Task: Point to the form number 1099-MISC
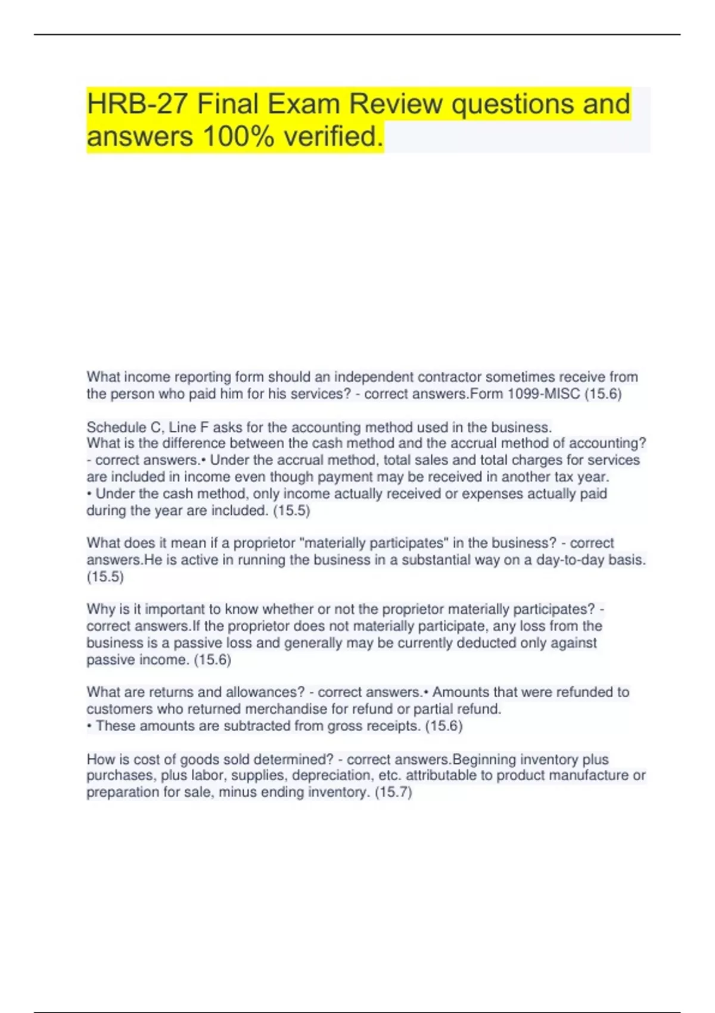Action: pyautogui.click(x=543, y=394)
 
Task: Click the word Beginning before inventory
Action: pyautogui.click(x=484, y=759)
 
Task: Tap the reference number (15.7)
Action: pyautogui.click(x=393, y=792)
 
